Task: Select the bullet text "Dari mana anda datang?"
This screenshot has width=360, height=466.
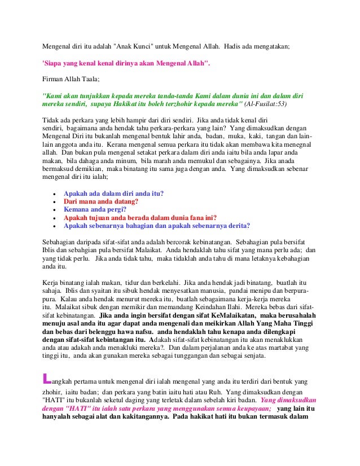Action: pyautogui.click(x=101, y=201)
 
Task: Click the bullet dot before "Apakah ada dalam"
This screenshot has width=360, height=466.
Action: pyautogui.click(x=53, y=194)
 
